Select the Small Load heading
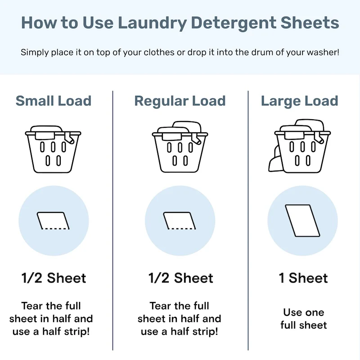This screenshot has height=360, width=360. (54, 101)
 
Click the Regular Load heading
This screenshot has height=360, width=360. (180, 101)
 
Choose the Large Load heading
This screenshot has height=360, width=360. (299, 101)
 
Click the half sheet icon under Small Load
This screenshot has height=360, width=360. (54, 220)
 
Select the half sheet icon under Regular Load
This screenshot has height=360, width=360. (180, 220)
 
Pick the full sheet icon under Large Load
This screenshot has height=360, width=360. (302, 220)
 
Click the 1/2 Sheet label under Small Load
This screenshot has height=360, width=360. (54, 278)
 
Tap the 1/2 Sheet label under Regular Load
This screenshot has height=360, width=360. (180, 278)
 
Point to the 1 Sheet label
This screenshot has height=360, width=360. (303, 278)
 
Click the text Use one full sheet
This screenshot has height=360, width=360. (303, 318)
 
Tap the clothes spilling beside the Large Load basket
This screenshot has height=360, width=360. (273, 162)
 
